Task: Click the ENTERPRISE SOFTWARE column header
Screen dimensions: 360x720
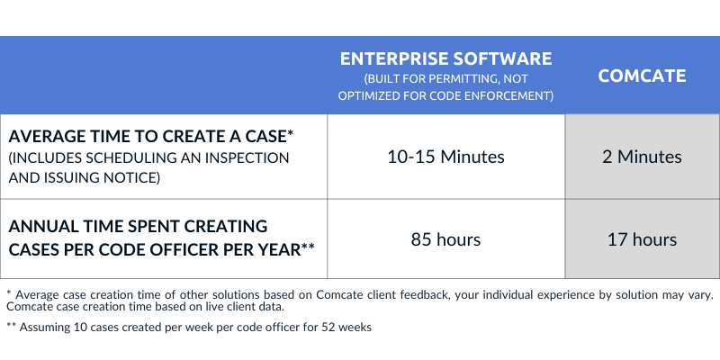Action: [x=446, y=59]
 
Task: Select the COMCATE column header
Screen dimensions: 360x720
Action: [x=642, y=76]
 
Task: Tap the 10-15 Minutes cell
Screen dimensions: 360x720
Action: [x=446, y=157]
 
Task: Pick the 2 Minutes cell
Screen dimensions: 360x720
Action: [x=642, y=157]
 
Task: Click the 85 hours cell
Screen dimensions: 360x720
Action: [x=446, y=239]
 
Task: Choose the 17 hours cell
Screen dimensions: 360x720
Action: [x=642, y=239]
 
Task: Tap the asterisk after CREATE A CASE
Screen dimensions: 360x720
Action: [x=290, y=134]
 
